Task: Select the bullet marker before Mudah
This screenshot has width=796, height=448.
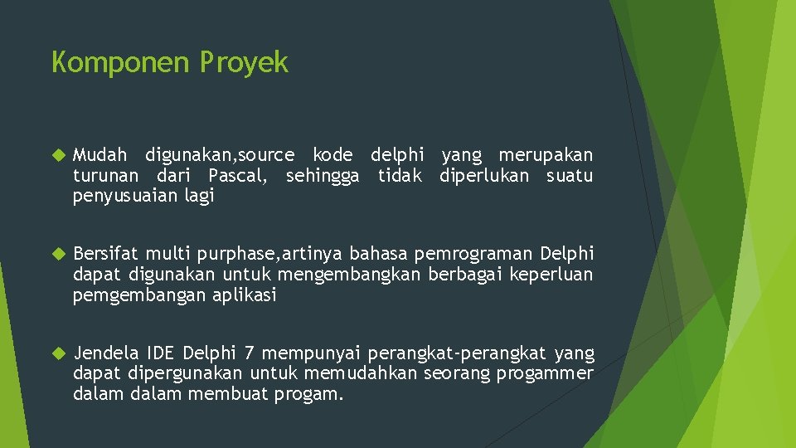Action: (x=57, y=155)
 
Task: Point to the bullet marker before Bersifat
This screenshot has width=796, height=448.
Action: (x=57, y=254)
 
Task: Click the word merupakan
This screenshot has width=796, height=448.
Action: (x=546, y=155)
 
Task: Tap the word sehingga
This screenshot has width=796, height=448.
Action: (x=323, y=176)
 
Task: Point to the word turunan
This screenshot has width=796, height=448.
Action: (x=107, y=176)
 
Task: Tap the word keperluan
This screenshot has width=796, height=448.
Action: (x=551, y=275)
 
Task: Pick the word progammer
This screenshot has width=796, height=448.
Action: (x=545, y=374)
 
